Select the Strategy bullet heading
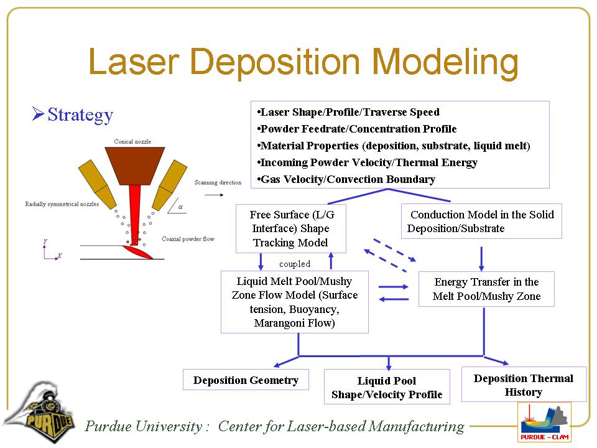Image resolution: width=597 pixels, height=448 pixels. click(80, 115)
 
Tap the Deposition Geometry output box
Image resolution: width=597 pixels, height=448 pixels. click(246, 380)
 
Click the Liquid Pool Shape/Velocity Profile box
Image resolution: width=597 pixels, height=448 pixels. click(387, 387)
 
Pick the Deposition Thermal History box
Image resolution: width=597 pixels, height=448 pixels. click(524, 385)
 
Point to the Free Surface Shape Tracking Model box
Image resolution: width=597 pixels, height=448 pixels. click(290, 228)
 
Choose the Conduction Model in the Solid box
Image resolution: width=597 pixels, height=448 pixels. click(481, 221)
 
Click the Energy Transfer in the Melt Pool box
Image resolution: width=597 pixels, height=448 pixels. click(486, 289)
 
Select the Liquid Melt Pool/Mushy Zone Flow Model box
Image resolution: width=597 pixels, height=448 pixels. click(295, 302)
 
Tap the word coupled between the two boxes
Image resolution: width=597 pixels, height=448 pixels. click(294, 264)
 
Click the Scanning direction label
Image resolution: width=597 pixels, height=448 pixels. click(218, 182)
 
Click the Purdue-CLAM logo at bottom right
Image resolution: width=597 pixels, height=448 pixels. click(544, 422)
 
